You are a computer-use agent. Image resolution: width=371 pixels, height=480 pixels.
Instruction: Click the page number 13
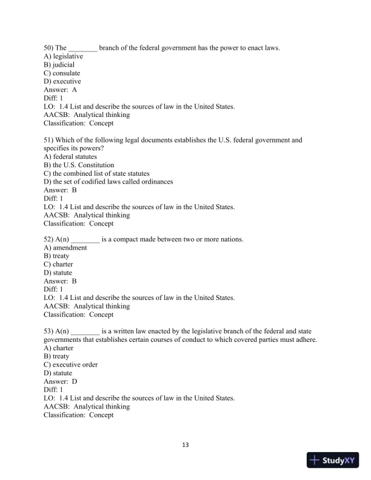click(185, 445)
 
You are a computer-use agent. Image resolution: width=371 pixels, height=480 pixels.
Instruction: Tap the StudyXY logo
click(333, 461)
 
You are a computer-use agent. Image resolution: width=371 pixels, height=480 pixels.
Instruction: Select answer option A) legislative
click(63, 56)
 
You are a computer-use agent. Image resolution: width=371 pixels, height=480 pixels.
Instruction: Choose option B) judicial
click(59, 65)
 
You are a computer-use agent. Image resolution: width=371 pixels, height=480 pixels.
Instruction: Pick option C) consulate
click(62, 73)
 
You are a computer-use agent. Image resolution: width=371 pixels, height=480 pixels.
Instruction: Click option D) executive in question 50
click(62, 81)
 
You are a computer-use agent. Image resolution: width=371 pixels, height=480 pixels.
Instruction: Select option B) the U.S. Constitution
click(79, 165)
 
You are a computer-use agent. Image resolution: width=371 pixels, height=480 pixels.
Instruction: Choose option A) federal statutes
click(70, 156)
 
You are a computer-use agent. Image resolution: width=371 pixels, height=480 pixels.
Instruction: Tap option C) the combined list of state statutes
click(97, 173)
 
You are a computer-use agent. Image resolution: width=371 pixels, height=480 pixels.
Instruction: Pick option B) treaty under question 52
click(57, 256)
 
